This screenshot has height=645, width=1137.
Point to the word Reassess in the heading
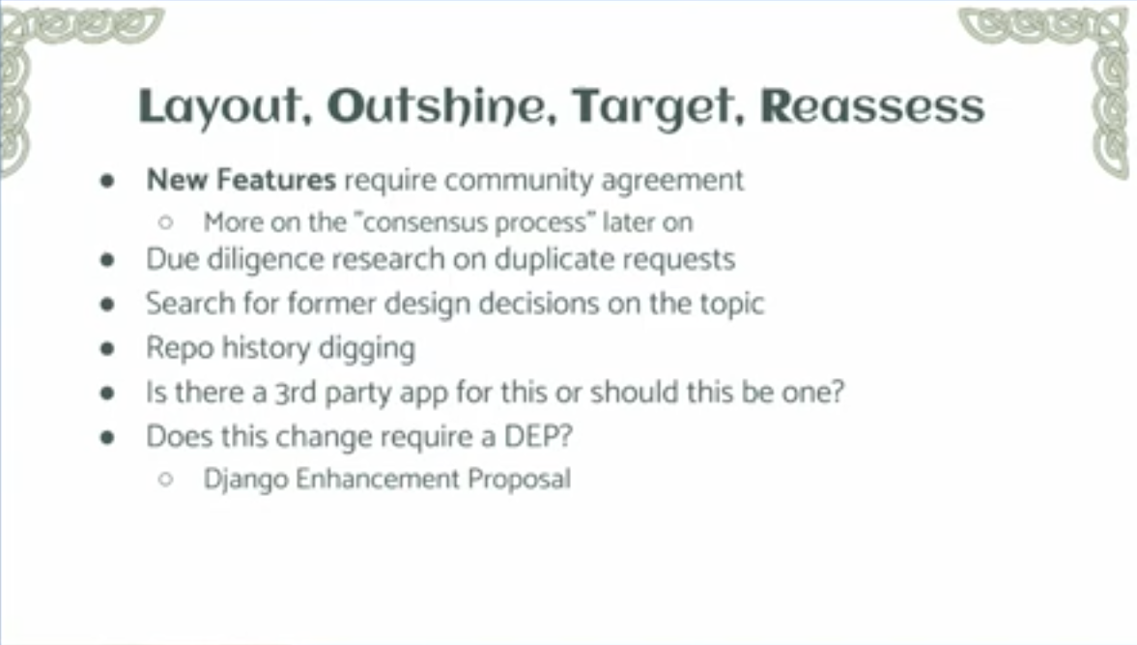[872, 106]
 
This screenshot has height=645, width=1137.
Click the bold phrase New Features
[242, 179]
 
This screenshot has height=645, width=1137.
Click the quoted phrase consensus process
[474, 222]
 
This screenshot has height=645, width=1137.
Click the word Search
[190, 304]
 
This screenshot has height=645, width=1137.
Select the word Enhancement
[377, 480]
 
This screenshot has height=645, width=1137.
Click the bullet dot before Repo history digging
[108, 348]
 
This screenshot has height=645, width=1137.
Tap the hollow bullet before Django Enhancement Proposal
[166, 480]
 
